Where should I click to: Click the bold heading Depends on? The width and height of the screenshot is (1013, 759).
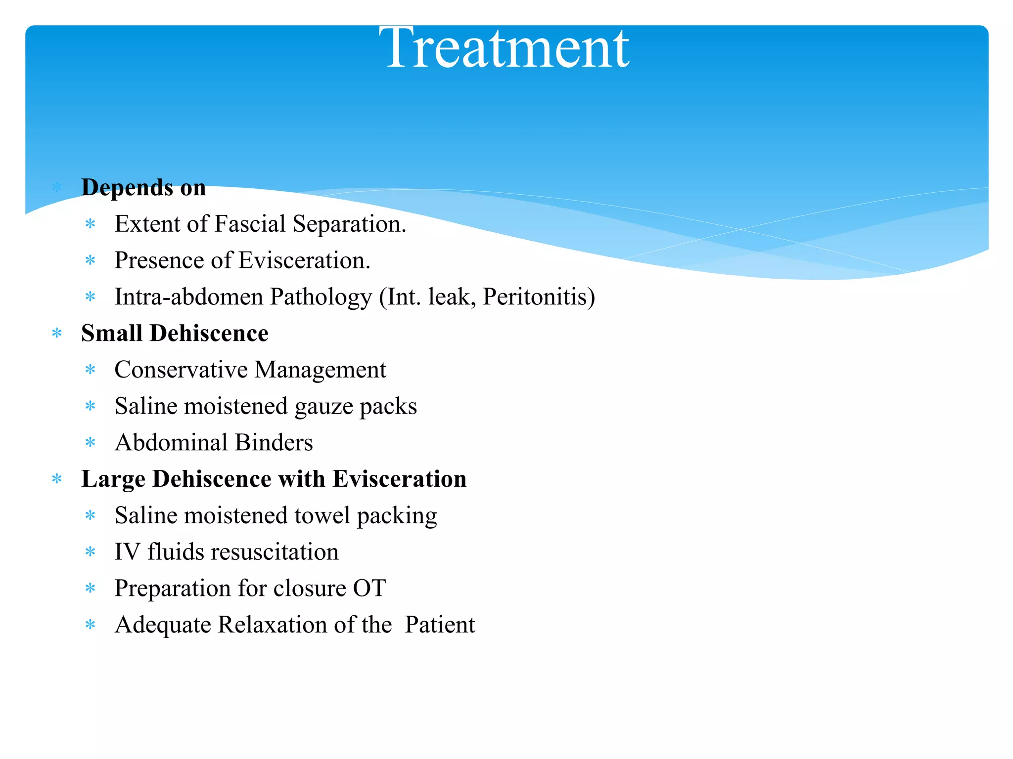pyautogui.click(x=143, y=188)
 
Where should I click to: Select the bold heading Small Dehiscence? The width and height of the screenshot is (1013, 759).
pyautogui.click(x=175, y=333)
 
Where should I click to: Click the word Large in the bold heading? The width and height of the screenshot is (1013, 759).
pyautogui.click(x=113, y=479)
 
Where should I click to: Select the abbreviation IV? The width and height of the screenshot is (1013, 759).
pyautogui.click(x=127, y=552)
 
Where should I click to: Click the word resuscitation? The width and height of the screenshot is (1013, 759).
pyautogui.click(x=275, y=552)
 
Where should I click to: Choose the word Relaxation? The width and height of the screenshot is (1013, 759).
pyautogui.click(x=273, y=625)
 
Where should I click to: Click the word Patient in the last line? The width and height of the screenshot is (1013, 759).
pyautogui.click(x=440, y=625)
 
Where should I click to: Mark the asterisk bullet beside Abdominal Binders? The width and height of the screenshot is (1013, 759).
pyautogui.click(x=90, y=442)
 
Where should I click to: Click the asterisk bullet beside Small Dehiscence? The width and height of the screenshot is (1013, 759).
pyautogui.click(x=57, y=333)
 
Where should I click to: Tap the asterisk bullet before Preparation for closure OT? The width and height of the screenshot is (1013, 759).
pyautogui.click(x=90, y=588)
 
